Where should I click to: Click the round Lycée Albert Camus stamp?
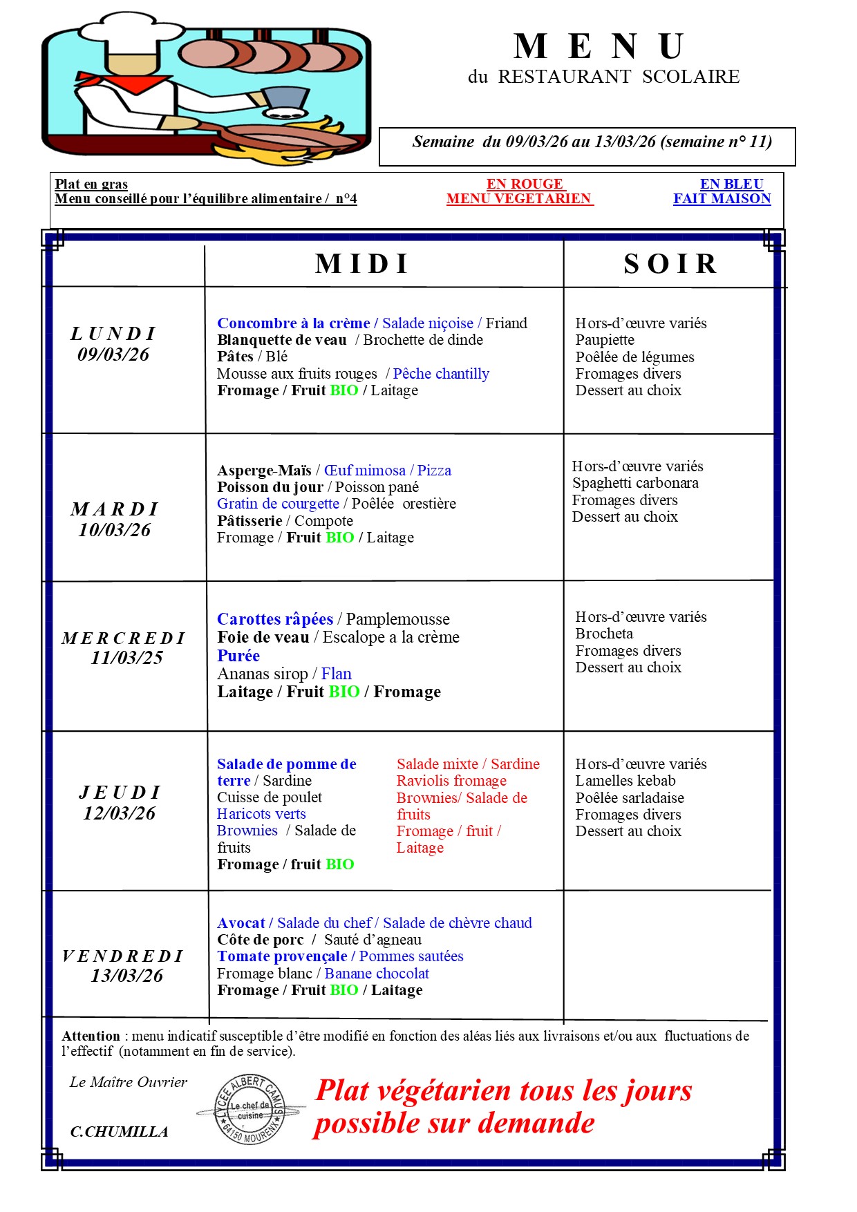click(x=250, y=1110)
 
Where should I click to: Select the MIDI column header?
click(x=363, y=264)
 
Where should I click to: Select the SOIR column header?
click(x=670, y=264)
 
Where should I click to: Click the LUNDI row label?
click(x=113, y=334)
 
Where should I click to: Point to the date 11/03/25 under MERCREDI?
click(x=127, y=658)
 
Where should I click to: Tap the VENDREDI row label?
click(x=123, y=956)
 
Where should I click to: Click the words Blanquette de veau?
click(x=282, y=340)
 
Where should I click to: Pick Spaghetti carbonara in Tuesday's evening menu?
click(x=635, y=483)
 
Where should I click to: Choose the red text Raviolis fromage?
click(x=451, y=781)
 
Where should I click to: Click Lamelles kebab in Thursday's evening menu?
click(x=625, y=781)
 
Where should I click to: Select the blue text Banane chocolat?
click(x=377, y=974)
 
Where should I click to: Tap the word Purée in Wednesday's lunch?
click(x=238, y=656)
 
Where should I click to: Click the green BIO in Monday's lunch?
click(x=344, y=390)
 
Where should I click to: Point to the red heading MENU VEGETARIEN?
click(x=519, y=199)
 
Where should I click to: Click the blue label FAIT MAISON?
click(x=722, y=199)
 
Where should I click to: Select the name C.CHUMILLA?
click(x=120, y=1132)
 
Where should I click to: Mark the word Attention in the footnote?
click(x=91, y=1036)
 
